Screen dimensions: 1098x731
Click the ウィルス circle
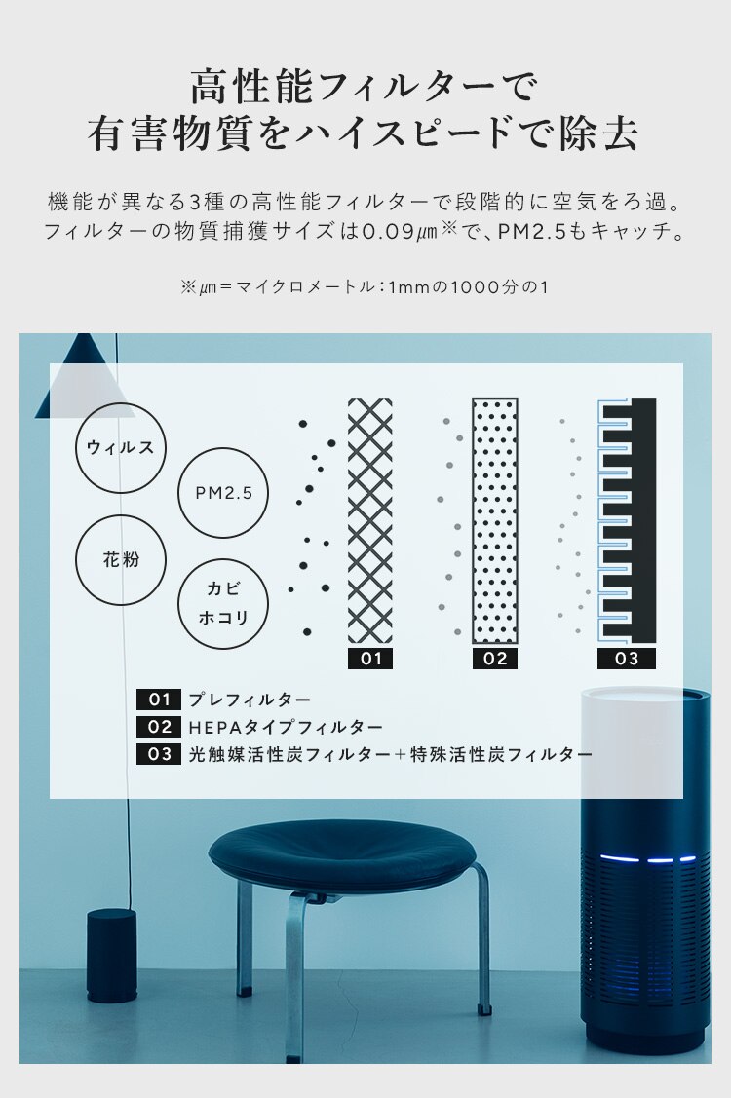(x=121, y=447)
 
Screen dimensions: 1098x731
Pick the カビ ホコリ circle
(x=223, y=604)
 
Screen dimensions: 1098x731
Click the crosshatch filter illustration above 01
(x=370, y=520)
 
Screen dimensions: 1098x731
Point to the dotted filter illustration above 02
(x=495, y=520)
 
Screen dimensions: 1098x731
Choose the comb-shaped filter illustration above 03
(x=626, y=520)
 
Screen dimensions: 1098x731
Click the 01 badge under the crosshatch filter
(x=370, y=659)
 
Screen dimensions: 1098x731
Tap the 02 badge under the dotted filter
(x=495, y=659)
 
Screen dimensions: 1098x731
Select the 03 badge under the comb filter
(x=626, y=659)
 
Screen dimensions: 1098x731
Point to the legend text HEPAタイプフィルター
(x=286, y=727)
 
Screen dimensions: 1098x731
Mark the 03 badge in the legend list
(x=159, y=754)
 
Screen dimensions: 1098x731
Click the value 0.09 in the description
(x=391, y=234)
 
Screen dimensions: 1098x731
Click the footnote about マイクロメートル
(x=365, y=288)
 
